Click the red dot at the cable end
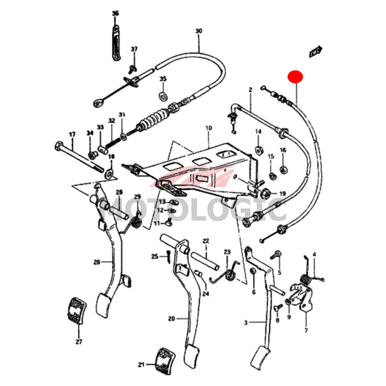point(295,77)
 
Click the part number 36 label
point(115,13)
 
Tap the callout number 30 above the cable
point(198,31)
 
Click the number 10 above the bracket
point(208,128)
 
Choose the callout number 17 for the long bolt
point(72,135)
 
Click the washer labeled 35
point(163,93)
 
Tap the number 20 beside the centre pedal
point(172,318)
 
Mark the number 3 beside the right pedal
point(246,322)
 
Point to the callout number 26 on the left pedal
point(97,262)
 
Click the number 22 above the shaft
point(206,241)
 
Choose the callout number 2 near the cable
point(250,90)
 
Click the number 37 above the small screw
point(134,49)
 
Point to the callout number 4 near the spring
point(314,254)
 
